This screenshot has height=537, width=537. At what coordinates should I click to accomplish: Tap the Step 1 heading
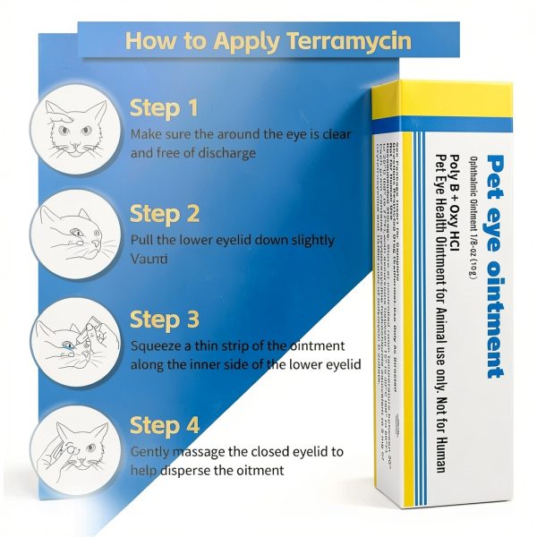164,108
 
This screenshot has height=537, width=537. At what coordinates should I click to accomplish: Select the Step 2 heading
164,214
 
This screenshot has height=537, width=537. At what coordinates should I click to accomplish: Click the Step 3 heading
164,320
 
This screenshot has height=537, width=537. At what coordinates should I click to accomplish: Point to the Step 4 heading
164,424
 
